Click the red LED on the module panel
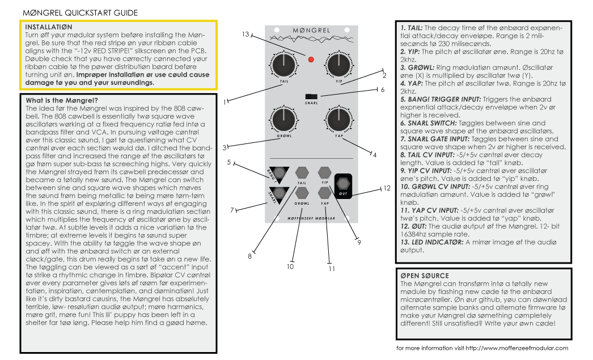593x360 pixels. pos(311,59)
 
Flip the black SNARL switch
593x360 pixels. pos(310,96)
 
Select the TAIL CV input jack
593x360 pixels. pos(301,172)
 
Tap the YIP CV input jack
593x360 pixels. pos(324,172)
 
